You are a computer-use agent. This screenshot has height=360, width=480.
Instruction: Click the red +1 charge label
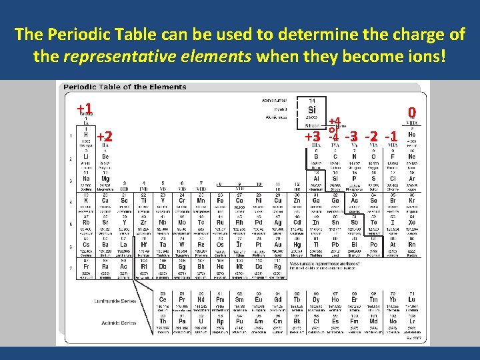[84, 108]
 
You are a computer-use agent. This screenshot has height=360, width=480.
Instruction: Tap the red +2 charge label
[103, 137]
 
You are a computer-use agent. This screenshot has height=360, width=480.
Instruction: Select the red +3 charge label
[313, 137]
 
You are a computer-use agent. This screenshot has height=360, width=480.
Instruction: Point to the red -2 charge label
[372, 137]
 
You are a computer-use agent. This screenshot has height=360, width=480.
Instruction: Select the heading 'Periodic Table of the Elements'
[125, 87]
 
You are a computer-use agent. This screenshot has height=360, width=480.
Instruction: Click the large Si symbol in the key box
[312, 110]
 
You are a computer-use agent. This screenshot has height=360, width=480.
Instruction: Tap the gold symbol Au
[278, 244]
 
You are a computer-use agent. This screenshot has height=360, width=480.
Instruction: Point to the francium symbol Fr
[86, 265]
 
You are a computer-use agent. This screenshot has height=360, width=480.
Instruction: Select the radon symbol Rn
[411, 244]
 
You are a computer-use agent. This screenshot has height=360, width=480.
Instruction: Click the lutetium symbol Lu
[411, 299]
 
